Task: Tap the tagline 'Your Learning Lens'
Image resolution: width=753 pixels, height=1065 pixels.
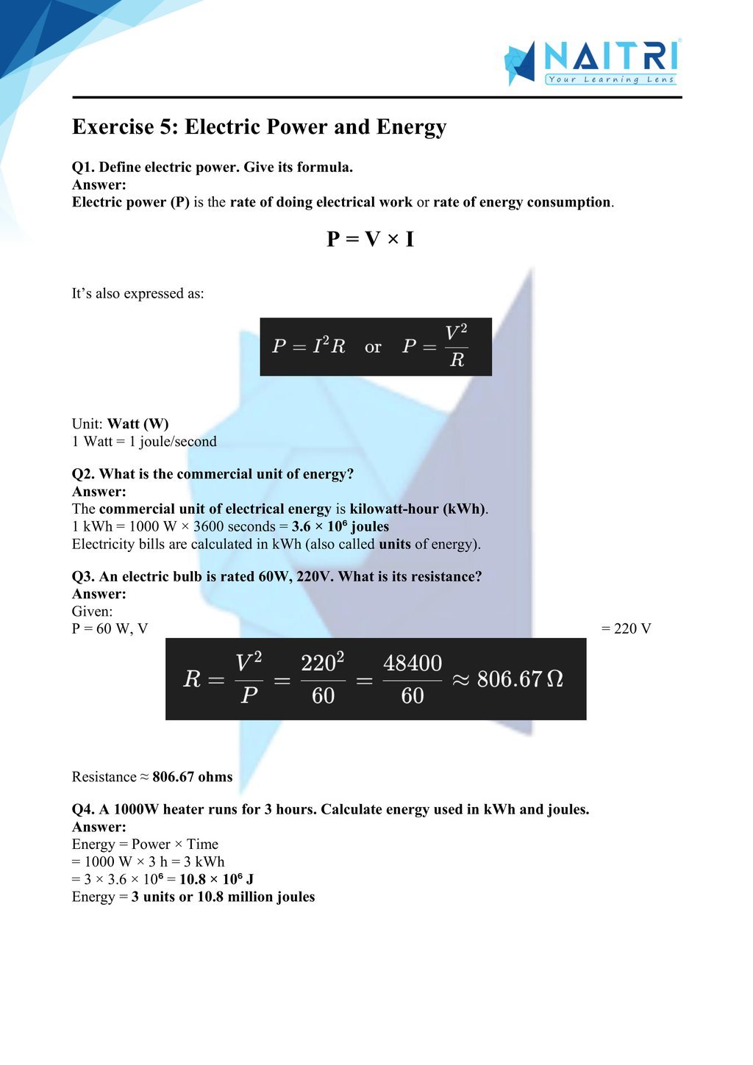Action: click(x=610, y=79)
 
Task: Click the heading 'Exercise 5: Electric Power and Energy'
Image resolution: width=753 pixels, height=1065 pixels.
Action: click(x=259, y=127)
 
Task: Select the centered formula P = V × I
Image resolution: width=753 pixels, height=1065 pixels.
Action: click(x=370, y=239)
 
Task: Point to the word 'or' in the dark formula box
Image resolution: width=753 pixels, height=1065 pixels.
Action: click(x=373, y=347)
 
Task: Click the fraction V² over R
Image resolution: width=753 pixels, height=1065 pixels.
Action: click(x=457, y=345)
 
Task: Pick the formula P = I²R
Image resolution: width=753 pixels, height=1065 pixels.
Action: click(x=308, y=346)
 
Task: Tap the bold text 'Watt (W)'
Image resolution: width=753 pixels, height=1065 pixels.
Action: click(x=138, y=424)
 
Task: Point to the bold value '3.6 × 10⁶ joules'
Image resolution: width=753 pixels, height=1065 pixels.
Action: click(x=340, y=526)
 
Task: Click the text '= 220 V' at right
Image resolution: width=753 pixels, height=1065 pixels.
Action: click(x=626, y=628)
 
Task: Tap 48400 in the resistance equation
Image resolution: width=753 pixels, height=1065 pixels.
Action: click(x=413, y=664)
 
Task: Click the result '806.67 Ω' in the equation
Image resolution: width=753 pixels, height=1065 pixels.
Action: click(x=520, y=679)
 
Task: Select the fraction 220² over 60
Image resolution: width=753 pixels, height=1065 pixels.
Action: click(x=323, y=679)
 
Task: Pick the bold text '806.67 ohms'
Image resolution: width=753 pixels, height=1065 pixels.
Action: click(x=192, y=777)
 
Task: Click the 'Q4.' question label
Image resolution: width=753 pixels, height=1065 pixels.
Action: click(x=83, y=809)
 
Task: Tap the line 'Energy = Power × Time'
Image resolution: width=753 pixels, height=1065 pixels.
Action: click(x=145, y=844)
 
